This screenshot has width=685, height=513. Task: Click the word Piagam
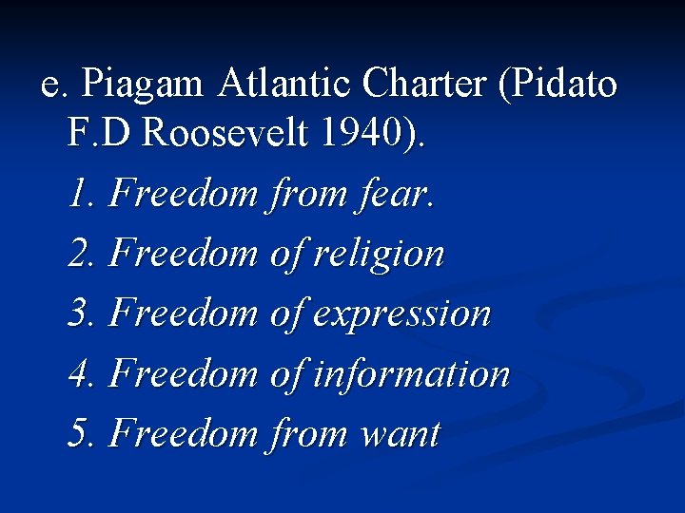(x=143, y=85)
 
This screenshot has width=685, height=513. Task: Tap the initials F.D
(x=100, y=134)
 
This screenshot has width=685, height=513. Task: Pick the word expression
(x=402, y=314)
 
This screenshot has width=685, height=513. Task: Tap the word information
(x=412, y=374)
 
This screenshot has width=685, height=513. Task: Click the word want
(x=400, y=435)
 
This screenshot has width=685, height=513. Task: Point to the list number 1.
(x=80, y=194)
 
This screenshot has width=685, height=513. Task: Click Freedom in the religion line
(x=184, y=254)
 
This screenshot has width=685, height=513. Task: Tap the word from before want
(x=310, y=434)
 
